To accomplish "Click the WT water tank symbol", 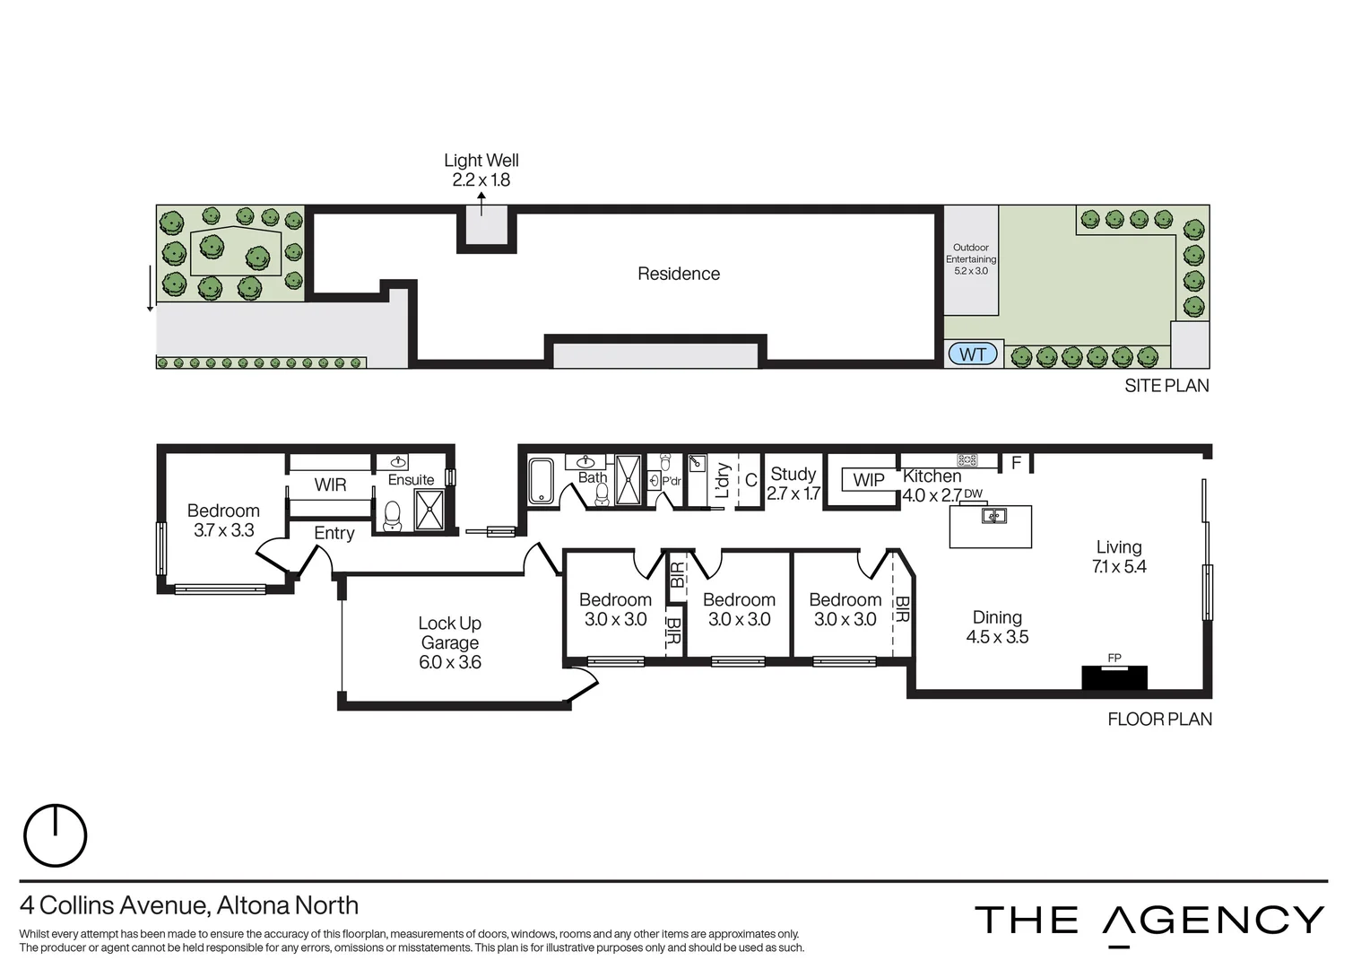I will (972, 354).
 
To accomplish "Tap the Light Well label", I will (481, 170).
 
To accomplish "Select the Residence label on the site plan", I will (678, 274).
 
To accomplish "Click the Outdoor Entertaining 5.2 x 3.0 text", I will (970, 258).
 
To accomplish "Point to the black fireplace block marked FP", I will (1114, 677).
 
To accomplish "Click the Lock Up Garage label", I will (449, 642).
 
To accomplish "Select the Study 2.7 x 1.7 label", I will (793, 483).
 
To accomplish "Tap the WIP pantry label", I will (868, 480).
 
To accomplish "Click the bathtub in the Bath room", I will (541, 481).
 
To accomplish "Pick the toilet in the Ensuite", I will (392, 515).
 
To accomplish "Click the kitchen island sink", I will (993, 516).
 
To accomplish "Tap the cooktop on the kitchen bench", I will (967, 460).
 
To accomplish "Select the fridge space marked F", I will (1016, 463).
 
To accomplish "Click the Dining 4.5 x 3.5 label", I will (997, 627).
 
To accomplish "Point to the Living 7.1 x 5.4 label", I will (1118, 556).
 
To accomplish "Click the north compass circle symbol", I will (56, 835).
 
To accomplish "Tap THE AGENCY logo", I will (1149, 921).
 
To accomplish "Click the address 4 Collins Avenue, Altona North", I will (189, 905).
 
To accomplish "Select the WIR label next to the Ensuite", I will (330, 485).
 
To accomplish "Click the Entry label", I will (334, 533).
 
